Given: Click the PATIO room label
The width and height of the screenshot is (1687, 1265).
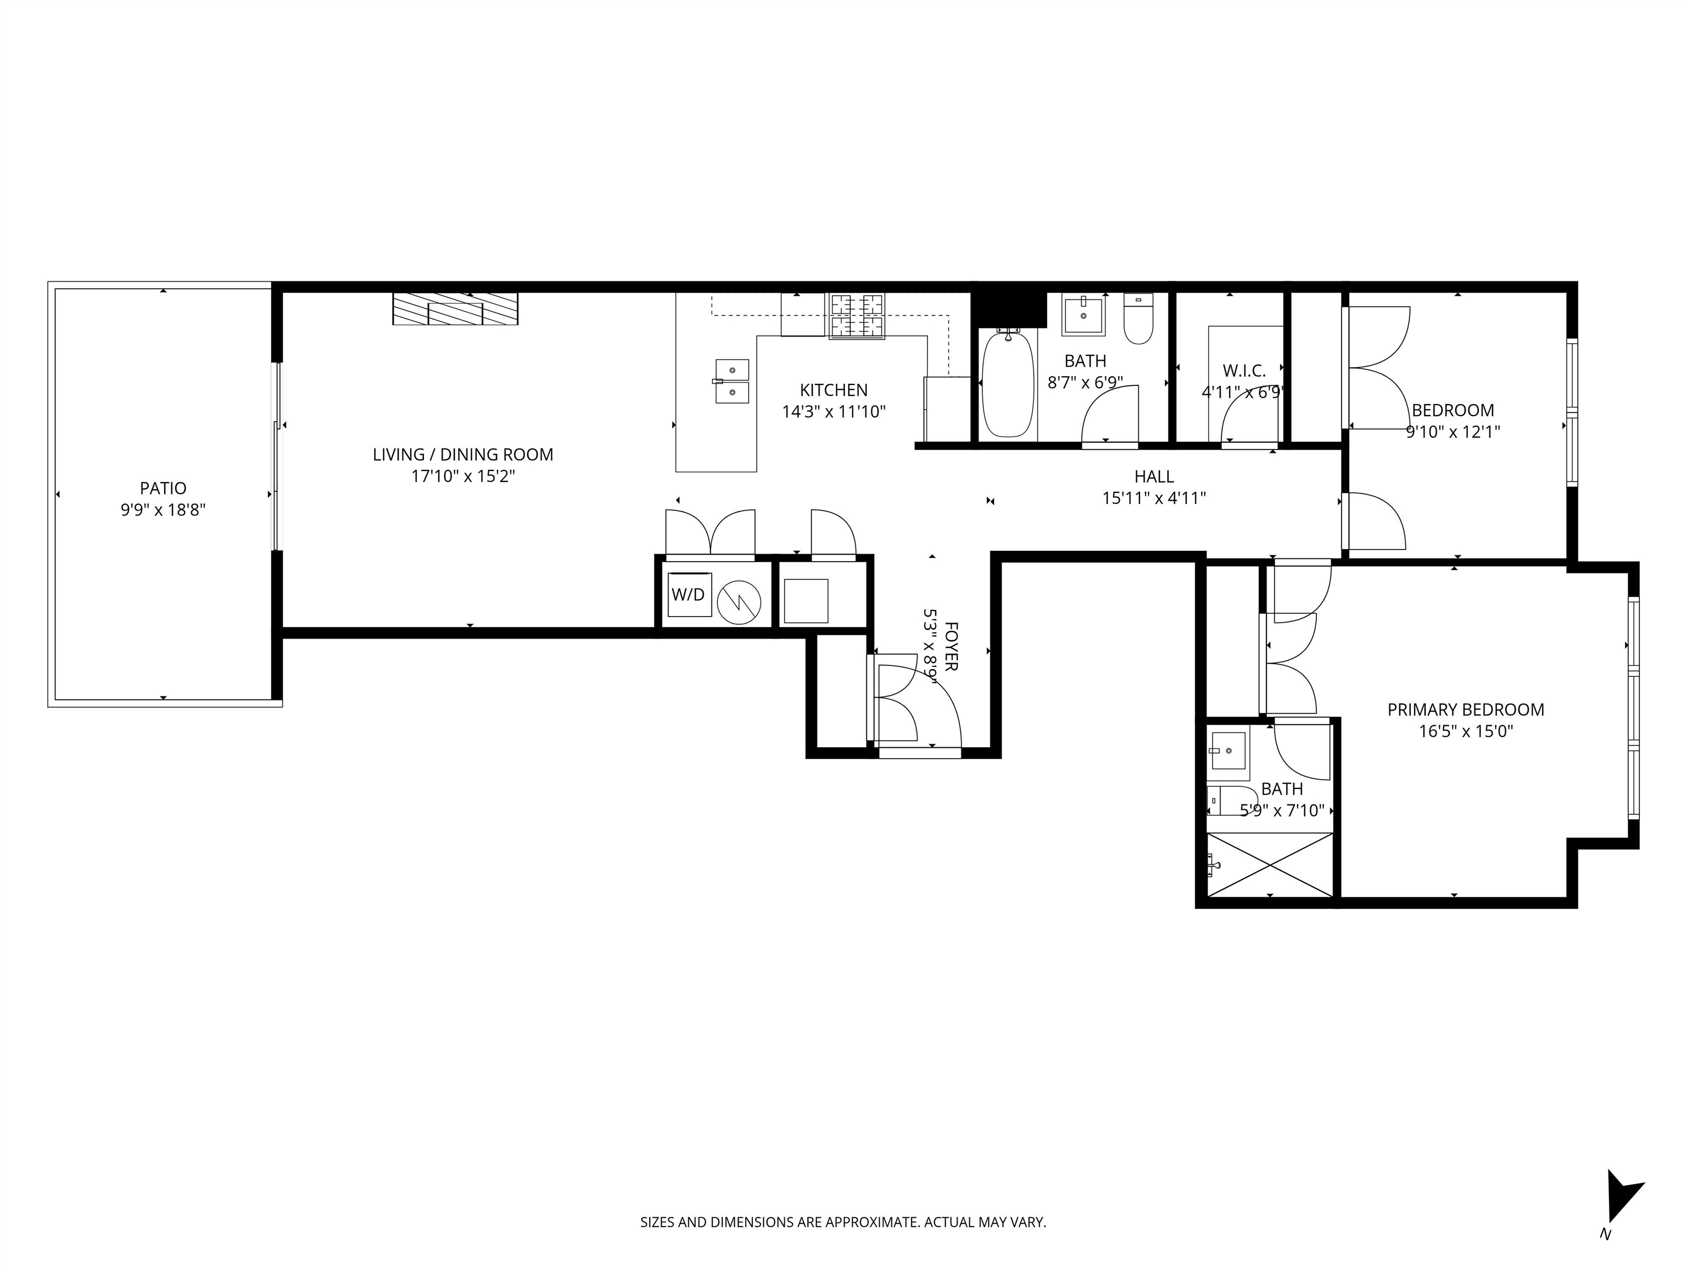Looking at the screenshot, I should pyautogui.click(x=163, y=488).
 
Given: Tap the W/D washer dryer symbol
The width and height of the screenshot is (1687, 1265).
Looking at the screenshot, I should pyautogui.click(x=689, y=595).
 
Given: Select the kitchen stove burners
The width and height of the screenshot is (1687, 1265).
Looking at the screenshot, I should pyautogui.click(x=857, y=316).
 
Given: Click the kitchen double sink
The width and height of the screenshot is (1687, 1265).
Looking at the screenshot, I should pyautogui.click(x=732, y=381).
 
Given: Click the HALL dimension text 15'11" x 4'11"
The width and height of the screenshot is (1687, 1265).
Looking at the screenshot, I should pyautogui.click(x=1153, y=499).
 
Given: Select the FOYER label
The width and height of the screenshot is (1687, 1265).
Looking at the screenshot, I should pyautogui.click(x=950, y=647).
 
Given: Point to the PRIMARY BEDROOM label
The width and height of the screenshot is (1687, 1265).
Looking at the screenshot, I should pyautogui.click(x=1465, y=710).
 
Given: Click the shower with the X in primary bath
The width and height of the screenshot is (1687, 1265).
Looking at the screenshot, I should pyautogui.click(x=1270, y=865).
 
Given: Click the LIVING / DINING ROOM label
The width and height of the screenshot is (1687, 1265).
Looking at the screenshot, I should pyautogui.click(x=463, y=455).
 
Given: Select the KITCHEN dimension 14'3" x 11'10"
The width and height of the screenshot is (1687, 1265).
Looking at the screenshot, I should pyautogui.click(x=834, y=412).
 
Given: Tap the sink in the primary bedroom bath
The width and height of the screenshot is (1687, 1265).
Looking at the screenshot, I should pyautogui.click(x=1228, y=751).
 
